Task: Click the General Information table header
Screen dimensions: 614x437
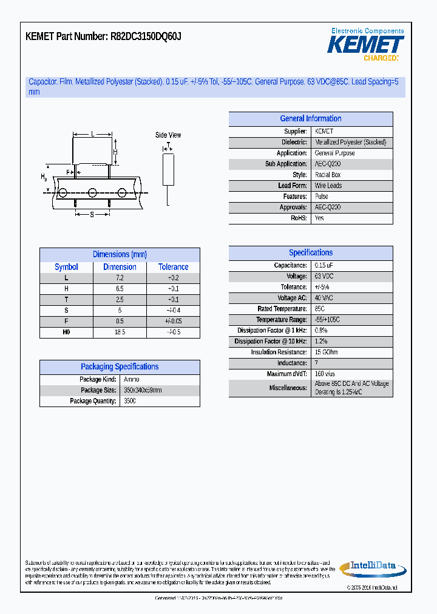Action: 310,119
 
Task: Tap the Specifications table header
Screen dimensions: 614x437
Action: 310,253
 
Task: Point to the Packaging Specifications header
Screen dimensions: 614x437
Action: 120,367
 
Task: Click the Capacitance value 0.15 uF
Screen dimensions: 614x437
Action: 324,266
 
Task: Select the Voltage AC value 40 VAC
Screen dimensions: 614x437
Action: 324,299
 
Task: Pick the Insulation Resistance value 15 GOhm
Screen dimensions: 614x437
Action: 327,353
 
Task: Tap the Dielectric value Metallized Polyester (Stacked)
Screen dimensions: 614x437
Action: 350,143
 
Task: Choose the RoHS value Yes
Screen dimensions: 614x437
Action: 319,218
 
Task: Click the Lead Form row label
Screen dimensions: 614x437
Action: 293,186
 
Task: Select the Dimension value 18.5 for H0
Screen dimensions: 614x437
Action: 120,332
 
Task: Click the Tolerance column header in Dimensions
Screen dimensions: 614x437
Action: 174,267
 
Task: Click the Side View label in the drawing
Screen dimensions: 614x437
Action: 168,135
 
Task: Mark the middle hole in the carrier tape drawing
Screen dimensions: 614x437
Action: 92,193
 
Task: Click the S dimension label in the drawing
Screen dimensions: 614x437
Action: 92,214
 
